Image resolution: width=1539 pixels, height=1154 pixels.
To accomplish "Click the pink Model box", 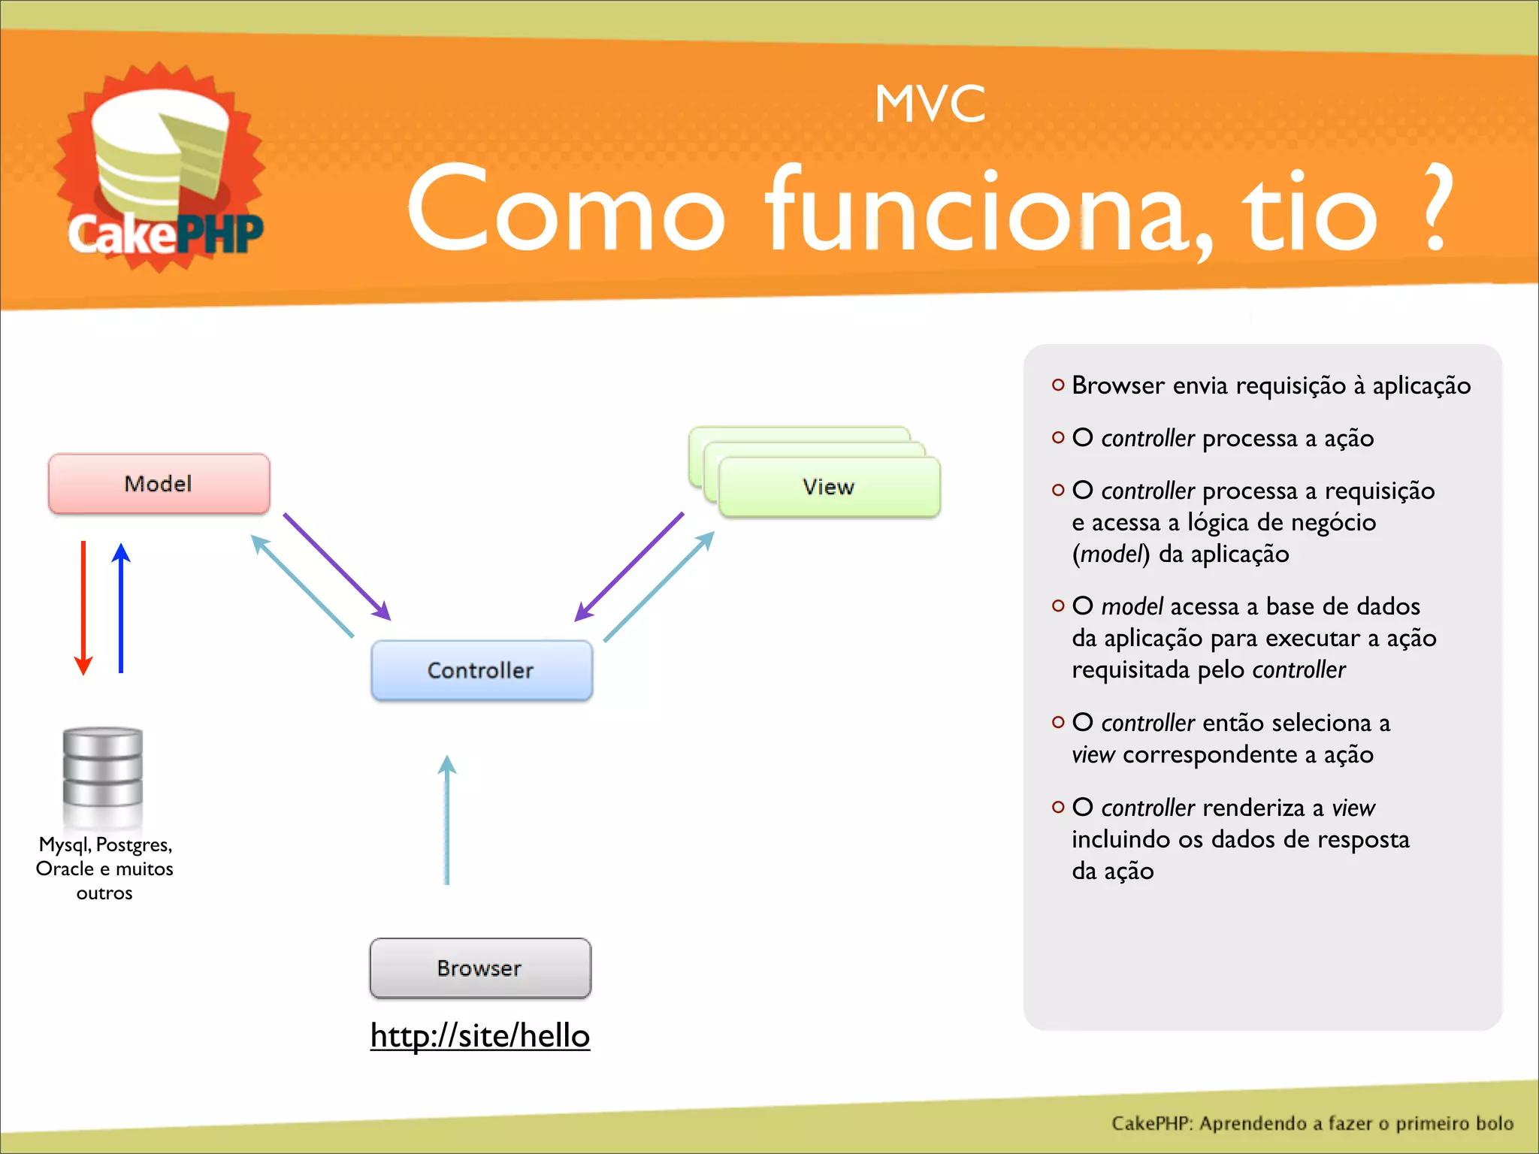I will (x=159, y=483).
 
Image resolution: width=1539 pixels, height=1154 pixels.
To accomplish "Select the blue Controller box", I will (x=481, y=670).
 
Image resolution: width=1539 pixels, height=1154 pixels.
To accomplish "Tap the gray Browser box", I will (x=480, y=968).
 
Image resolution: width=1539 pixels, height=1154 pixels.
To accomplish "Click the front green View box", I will (x=828, y=487).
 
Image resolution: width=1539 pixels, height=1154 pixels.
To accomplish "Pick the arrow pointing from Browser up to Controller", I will (x=447, y=819).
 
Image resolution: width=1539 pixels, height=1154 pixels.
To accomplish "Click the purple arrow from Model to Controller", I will (x=337, y=567).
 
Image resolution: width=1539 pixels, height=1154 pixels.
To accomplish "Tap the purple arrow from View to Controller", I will (x=630, y=566).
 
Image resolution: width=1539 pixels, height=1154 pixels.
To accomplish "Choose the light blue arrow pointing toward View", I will (x=659, y=586).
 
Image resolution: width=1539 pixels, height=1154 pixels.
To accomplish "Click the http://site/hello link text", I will (x=480, y=1035).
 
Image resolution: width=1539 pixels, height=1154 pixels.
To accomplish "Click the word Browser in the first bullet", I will (x=1117, y=385).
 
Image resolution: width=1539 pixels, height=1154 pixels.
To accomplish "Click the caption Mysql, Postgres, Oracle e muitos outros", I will (x=104, y=869).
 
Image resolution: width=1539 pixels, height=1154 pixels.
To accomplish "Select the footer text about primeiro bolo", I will (x=1311, y=1123).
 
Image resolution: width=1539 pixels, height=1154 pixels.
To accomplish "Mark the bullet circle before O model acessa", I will (x=1058, y=606).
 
